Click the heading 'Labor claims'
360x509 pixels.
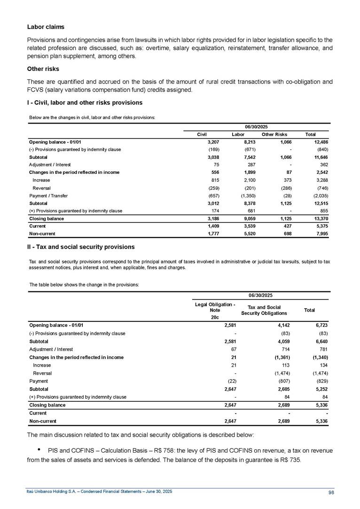[42, 26]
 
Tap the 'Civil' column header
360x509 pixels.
[202, 134]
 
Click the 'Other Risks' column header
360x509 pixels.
[275, 134]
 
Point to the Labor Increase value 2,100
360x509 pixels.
[247, 180]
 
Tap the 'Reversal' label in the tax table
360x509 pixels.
[42, 373]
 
